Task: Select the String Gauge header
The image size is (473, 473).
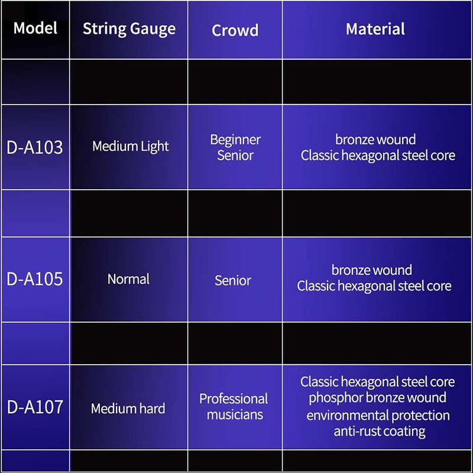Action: (129, 29)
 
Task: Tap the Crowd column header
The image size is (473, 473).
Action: (235, 30)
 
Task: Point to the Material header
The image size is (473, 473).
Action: (375, 29)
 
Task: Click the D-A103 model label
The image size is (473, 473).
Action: (35, 147)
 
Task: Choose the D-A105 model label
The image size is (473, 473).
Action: (35, 279)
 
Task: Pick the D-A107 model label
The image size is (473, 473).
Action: (35, 407)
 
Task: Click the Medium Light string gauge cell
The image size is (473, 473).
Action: (130, 146)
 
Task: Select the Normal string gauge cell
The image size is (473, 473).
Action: (128, 278)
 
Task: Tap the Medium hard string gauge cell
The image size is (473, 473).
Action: (128, 408)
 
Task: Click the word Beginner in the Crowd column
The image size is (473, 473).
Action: (235, 140)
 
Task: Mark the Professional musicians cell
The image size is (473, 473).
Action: (234, 406)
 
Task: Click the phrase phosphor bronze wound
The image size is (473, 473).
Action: (377, 398)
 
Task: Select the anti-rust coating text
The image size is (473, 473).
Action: (379, 431)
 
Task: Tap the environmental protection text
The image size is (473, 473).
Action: (378, 415)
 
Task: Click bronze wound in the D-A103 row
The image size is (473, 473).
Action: (375, 140)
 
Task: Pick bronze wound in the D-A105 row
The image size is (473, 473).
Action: (372, 270)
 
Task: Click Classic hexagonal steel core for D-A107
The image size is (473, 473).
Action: (377, 382)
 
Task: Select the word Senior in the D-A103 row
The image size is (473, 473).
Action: (235, 155)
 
